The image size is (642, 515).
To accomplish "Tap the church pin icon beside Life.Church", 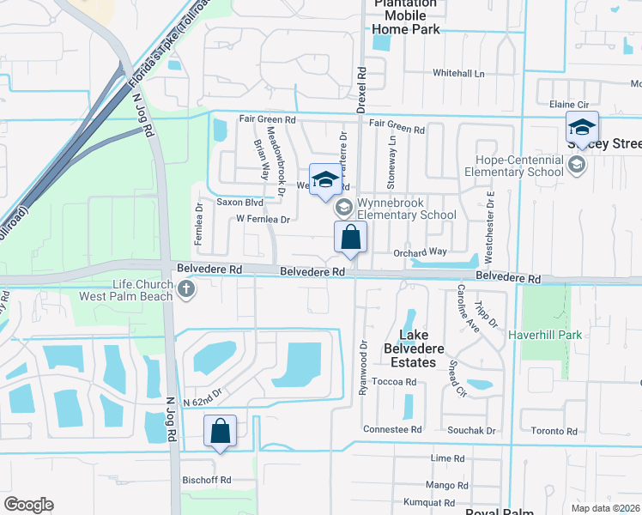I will coord(187,291).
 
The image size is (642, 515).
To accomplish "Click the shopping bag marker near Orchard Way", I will coord(350,238).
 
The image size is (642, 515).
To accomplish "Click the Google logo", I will coord(28,505).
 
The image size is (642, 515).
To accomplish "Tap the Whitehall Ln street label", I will coord(458,74).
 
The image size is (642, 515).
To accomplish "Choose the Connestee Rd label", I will coord(392,429).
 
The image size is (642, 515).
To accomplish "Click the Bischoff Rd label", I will coord(207,480).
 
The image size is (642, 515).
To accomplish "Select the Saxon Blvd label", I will coord(239,203).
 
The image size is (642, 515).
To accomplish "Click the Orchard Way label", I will coord(420,251).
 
